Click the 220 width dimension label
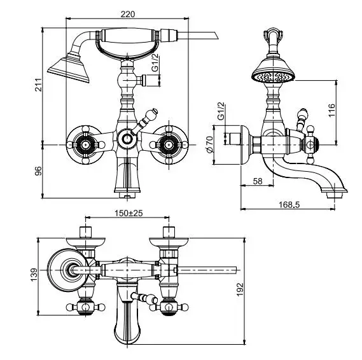[x=128, y=14]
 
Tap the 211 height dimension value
[x=39, y=85]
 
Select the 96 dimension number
[x=39, y=171]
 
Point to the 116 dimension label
[x=331, y=110]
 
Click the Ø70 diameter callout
[x=209, y=144]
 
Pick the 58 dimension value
[x=258, y=181]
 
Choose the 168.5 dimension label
[x=289, y=204]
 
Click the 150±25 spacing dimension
[x=129, y=213]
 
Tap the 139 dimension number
[x=34, y=275]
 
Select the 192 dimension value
[x=240, y=289]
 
